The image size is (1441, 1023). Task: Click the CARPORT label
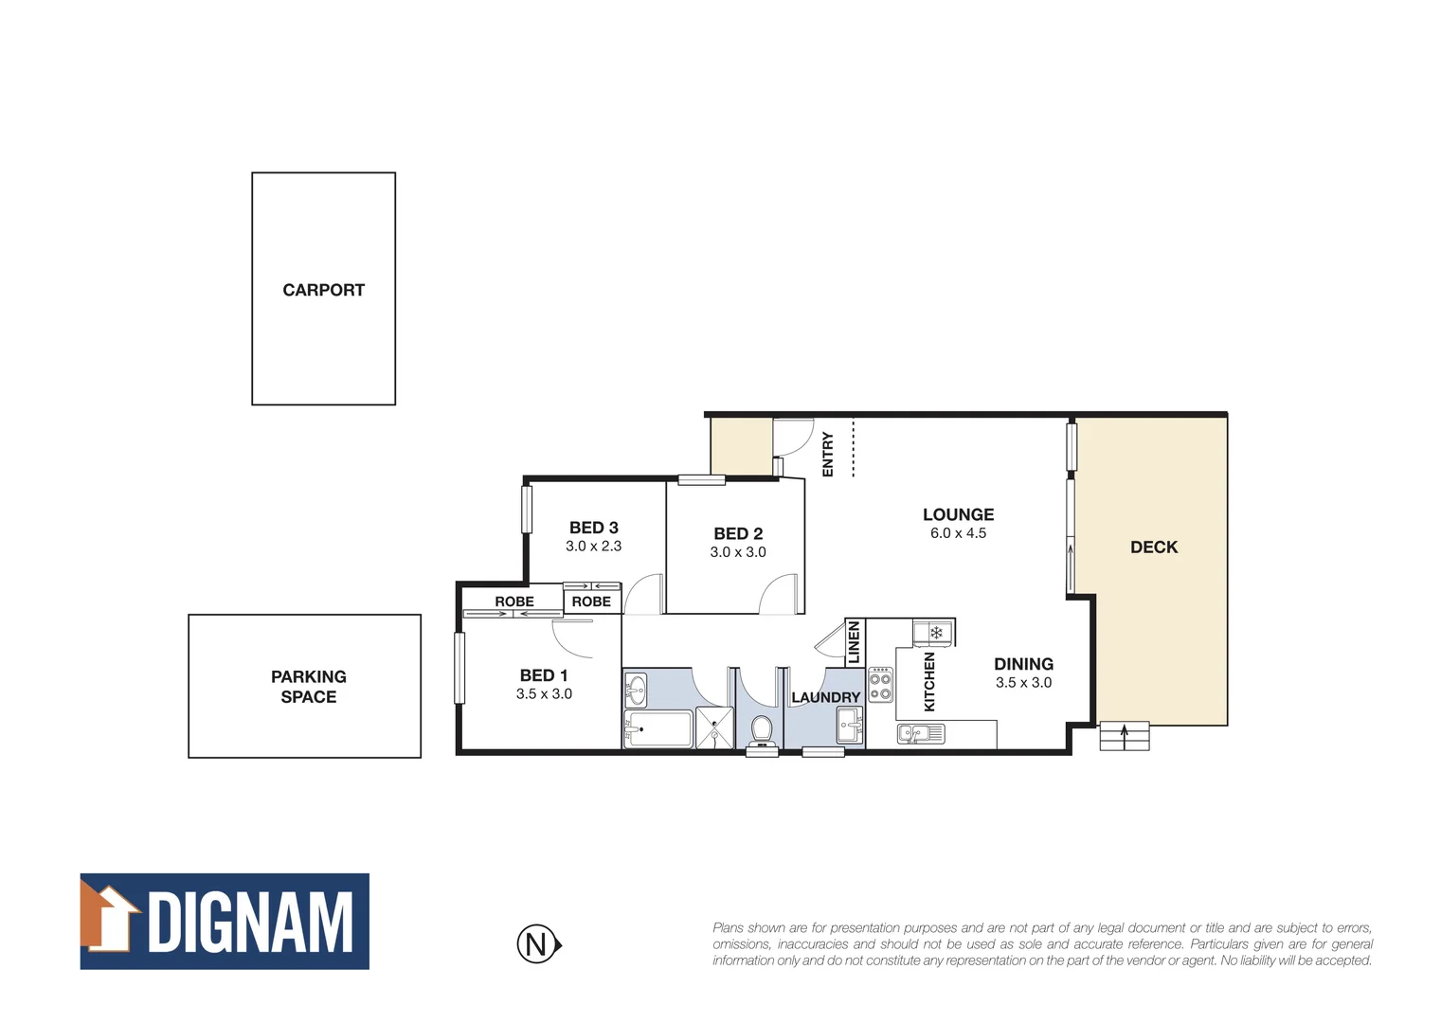(x=323, y=290)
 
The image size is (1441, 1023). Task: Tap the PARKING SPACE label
(x=308, y=687)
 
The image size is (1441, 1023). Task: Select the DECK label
(x=1154, y=547)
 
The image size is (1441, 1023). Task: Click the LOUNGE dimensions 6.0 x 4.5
(x=958, y=533)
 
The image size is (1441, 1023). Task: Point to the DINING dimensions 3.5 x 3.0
(x=1023, y=682)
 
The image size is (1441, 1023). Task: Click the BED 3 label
(x=593, y=528)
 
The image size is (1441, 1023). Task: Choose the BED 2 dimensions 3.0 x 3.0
(x=738, y=552)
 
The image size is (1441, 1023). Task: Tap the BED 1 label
(x=544, y=675)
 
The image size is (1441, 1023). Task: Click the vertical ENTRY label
(x=828, y=454)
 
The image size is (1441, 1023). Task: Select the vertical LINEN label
(x=854, y=642)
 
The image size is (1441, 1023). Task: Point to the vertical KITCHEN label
(x=929, y=681)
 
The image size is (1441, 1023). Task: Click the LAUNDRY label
(x=825, y=697)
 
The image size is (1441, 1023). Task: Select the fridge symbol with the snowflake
(x=936, y=632)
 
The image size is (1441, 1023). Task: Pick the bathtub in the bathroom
(x=658, y=729)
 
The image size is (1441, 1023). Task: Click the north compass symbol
(x=538, y=944)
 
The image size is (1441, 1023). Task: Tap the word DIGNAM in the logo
(x=251, y=922)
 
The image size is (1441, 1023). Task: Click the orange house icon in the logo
(x=108, y=917)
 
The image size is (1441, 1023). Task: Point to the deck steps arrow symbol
(x=1125, y=736)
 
